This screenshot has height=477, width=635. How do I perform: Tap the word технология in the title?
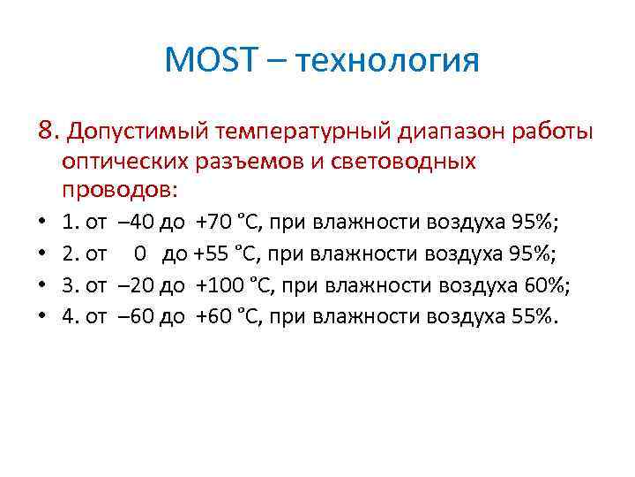click(389, 62)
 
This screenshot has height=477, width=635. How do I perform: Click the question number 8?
click(48, 132)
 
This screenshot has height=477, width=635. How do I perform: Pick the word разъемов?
click(243, 162)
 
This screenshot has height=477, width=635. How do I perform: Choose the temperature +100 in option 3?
click(216, 285)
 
